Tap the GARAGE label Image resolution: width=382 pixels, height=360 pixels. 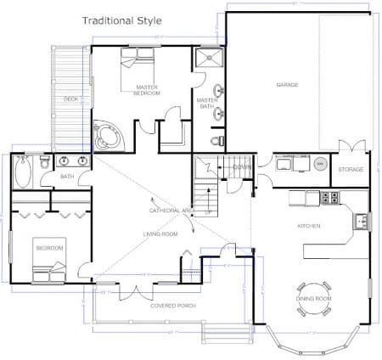click(x=286, y=85)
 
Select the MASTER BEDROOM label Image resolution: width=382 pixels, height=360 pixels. click(x=147, y=90)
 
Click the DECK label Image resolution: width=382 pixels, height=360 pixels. click(x=70, y=99)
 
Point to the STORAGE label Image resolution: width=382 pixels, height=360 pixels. click(x=351, y=170)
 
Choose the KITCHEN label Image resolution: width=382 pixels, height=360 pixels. click(x=307, y=227)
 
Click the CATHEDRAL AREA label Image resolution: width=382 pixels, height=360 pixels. click(x=169, y=210)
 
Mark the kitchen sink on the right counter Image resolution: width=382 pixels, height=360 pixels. click(x=362, y=221)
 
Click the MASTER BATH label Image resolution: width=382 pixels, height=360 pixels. click(x=208, y=102)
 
